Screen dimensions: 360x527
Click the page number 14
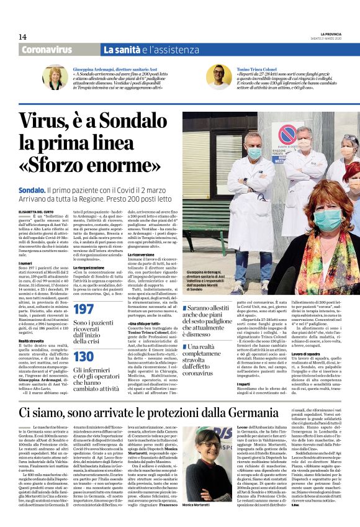click(x=22, y=37)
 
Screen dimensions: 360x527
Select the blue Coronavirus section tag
click(x=47, y=50)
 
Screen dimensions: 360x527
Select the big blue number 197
click(x=84, y=309)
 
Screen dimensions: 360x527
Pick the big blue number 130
click(x=84, y=356)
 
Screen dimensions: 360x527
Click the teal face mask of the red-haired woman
click(x=329, y=219)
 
